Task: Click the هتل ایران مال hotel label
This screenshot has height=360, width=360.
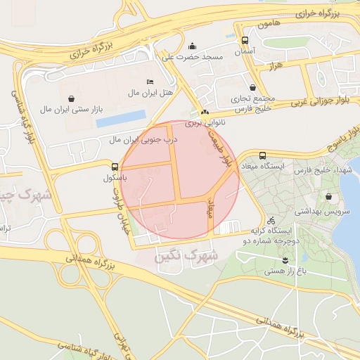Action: tap(145, 92)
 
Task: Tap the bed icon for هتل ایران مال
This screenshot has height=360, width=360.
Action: tap(149, 81)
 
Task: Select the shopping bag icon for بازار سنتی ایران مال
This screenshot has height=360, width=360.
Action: tap(72, 99)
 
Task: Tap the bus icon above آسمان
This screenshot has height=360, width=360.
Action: tap(244, 41)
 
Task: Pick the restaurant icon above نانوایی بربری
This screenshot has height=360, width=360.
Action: tap(205, 112)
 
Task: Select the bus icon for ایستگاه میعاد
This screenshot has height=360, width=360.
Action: tap(263, 155)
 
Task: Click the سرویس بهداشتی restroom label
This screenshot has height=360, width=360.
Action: tap(316, 210)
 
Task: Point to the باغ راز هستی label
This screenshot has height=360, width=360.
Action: tap(285, 270)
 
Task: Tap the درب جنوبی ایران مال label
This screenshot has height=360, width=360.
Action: tap(143, 140)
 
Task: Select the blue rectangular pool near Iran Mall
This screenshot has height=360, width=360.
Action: tap(120, 118)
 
